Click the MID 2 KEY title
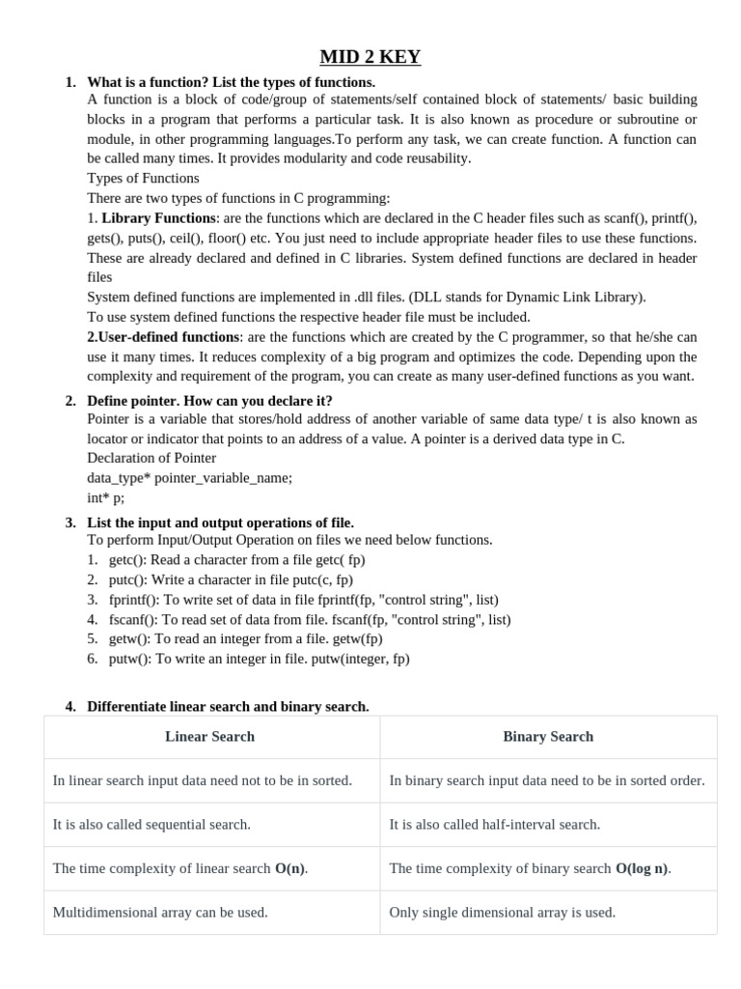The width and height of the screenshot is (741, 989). [x=370, y=57]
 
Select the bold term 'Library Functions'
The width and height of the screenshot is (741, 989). [x=158, y=218]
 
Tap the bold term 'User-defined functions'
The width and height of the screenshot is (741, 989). [x=163, y=337]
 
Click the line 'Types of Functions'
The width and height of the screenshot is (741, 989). [x=143, y=178]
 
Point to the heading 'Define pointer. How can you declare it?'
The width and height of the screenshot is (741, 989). [x=209, y=401]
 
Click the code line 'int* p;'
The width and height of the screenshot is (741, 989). [x=105, y=498]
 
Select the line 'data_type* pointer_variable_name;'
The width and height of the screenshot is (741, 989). [x=189, y=478]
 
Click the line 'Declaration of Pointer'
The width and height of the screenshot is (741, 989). [x=151, y=458]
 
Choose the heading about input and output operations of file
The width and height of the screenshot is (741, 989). [x=220, y=523]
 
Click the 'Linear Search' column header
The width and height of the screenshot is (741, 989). [x=210, y=737]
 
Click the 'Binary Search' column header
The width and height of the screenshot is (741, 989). [x=548, y=737]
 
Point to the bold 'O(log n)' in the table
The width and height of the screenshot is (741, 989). [x=642, y=868]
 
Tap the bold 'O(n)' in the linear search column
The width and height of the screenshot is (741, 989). [x=290, y=868]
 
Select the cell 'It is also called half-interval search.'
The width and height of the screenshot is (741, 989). [x=494, y=825]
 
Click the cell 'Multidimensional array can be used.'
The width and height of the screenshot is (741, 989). [x=160, y=913]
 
